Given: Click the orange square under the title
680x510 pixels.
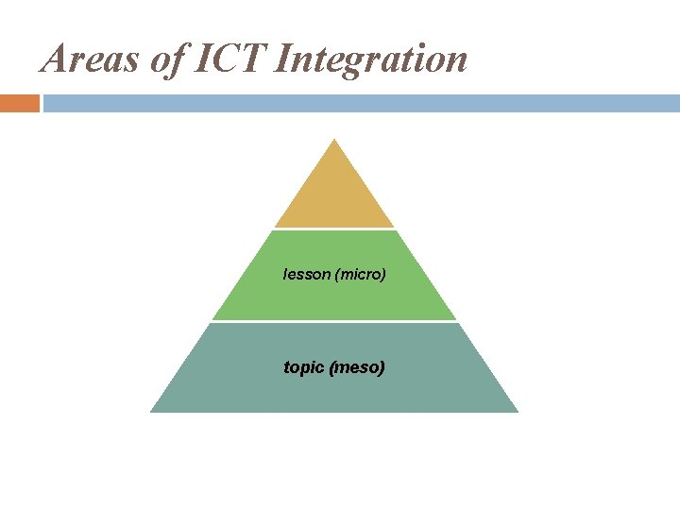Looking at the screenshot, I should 19,103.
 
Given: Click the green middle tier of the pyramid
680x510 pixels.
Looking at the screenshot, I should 333,297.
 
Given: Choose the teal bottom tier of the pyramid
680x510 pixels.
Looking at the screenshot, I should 333,387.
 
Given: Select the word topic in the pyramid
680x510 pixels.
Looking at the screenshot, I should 303,366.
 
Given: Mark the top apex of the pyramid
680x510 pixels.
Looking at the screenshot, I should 333,141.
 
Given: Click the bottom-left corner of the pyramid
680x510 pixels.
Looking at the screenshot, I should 152,411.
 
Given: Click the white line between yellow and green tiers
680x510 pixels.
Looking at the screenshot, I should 333,229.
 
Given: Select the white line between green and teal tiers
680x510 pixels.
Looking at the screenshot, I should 333,321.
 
